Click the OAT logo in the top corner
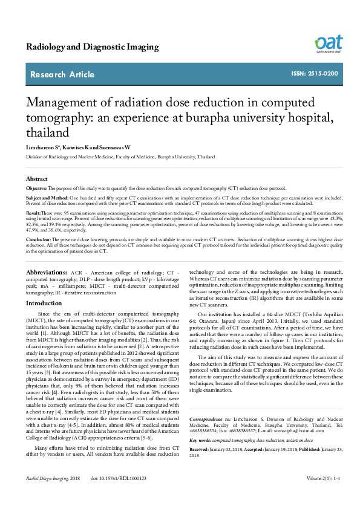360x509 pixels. (329, 44)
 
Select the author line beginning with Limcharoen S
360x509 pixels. (81, 148)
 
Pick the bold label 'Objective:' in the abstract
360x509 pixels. (36, 189)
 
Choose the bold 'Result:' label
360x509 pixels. (33, 213)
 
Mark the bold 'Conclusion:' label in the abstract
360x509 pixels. (38, 240)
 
